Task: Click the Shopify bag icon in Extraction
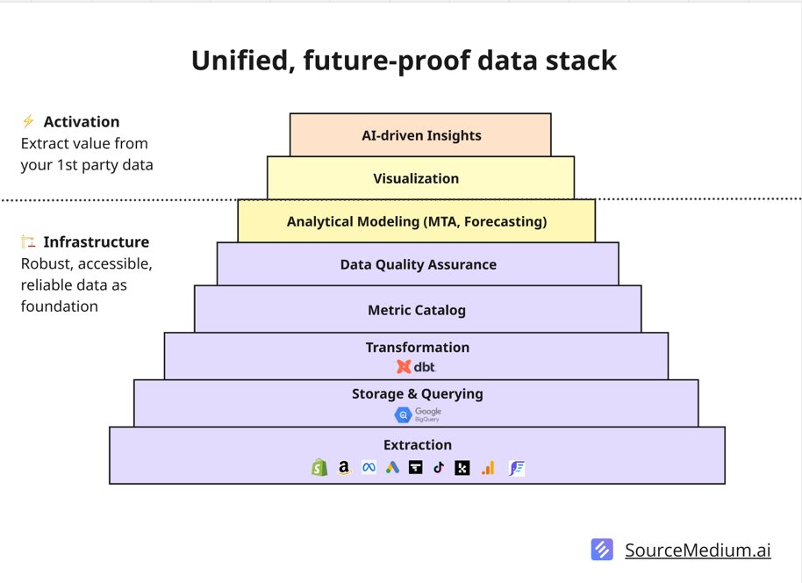click(319, 468)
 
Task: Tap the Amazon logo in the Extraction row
click(345, 468)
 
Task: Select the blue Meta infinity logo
click(369, 468)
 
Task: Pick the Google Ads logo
click(392, 468)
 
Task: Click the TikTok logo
click(439, 468)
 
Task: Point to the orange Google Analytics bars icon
click(488, 468)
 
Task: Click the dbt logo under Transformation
click(417, 367)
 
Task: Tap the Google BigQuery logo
click(418, 414)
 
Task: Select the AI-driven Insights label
click(421, 135)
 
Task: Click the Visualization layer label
click(416, 178)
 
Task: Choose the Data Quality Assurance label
click(418, 264)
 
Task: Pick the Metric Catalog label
click(417, 310)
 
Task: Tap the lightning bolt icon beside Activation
click(28, 121)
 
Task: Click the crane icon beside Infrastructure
click(28, 241)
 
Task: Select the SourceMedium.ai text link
click(698, 551)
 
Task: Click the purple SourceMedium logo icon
click(603, 550)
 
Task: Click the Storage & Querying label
click(418, 393)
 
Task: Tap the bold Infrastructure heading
click(97, 241)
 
